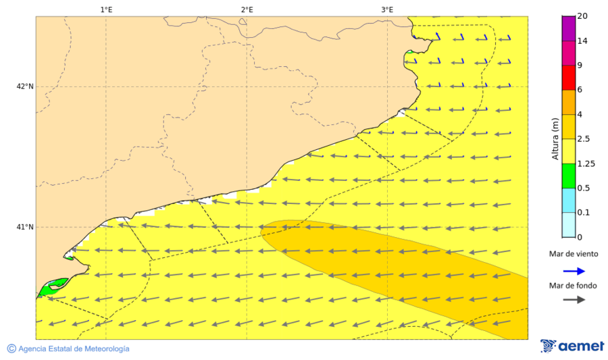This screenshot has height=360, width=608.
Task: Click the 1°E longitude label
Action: click(106, 9)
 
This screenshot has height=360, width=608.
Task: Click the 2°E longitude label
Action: click(247, 9)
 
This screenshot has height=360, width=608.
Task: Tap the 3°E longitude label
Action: click(387, 9)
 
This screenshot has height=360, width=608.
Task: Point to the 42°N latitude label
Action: click(25, 86)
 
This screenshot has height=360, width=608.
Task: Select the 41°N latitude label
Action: click(25, 227)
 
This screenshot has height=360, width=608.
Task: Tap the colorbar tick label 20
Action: click(582, 17)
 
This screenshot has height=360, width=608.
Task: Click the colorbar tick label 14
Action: click(582, 41)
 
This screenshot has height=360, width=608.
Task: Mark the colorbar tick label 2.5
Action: click(583, 139)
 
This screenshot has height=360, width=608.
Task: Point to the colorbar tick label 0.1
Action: click(583, 213)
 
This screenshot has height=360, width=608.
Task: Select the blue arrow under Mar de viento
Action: click(572, 272)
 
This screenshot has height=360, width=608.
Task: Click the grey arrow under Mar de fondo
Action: click(572, 299)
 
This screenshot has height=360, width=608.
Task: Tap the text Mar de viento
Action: click(572, 255)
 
